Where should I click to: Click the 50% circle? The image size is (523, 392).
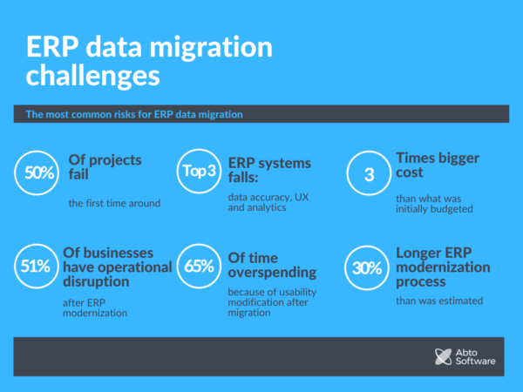[39, 173]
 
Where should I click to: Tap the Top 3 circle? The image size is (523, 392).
[200, 172]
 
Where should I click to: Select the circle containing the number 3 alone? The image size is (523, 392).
[369, 173]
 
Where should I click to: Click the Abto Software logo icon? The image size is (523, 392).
[442, 355]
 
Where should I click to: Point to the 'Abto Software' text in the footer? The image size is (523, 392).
[478, 355]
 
